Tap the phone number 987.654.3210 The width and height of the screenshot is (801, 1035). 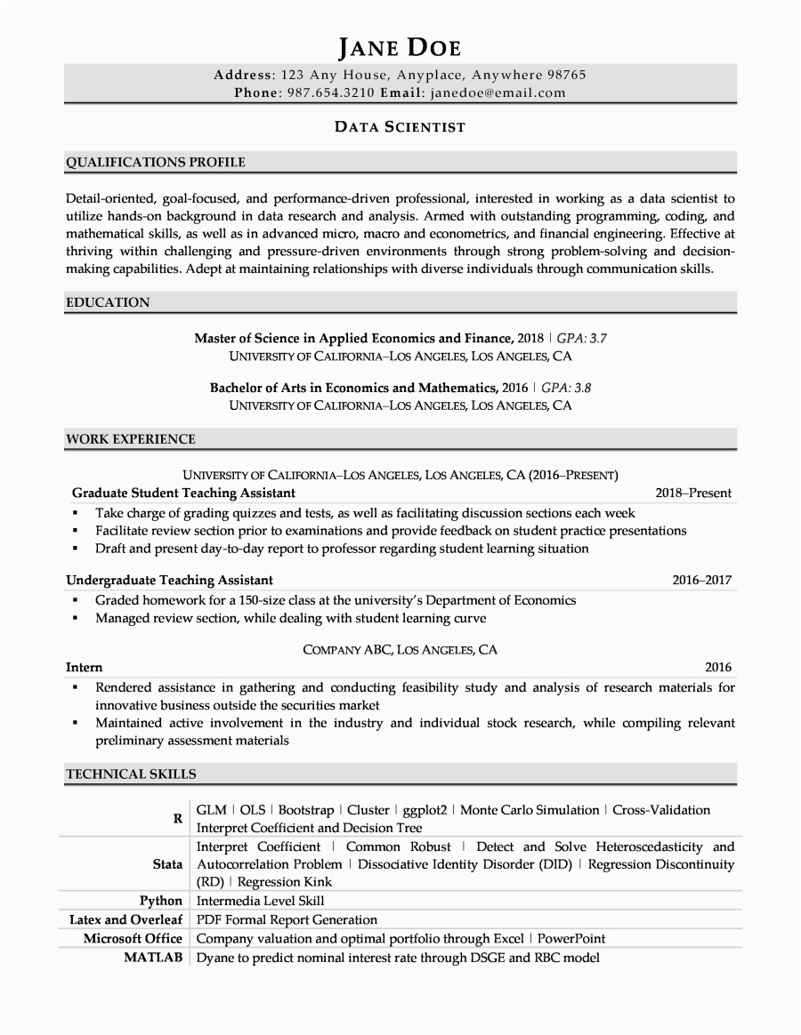[x=331, y=92]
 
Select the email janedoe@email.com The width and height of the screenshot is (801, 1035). [x=497, y=92]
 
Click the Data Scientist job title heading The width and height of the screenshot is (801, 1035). [x=400, y=127]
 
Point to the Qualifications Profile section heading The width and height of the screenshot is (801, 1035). [x=156, y=162]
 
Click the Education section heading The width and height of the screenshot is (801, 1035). [x=108, y=302]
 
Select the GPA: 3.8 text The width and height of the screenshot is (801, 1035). [x=566, y=388]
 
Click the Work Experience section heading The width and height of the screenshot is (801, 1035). [x=131, y=438]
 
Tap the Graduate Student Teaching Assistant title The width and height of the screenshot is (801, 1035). [x=183, y=493]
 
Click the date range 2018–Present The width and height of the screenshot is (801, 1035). [x=693, y=493]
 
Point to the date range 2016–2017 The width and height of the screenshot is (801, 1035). [x=701, y=581]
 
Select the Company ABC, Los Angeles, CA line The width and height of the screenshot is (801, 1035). [x=400, y=650]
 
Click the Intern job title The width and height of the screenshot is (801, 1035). [x=85, y=667]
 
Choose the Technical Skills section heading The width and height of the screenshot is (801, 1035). [x=131, y=774]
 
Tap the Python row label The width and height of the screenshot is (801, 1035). [x=161, y=901]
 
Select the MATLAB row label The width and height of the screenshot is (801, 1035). [x=156, y=958]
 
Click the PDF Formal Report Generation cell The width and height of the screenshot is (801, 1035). [x=287, y=919]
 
